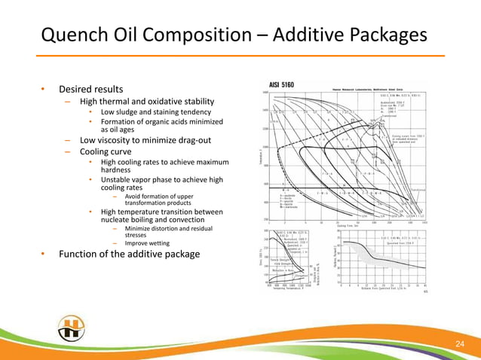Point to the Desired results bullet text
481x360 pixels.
(91, 89)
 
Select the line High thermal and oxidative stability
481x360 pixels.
(146, 102)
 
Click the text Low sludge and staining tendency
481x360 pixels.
(150, 112)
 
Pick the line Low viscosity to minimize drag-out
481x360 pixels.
(146, 140)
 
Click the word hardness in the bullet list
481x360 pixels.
(118, 170)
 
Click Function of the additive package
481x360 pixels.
(129, 255)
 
